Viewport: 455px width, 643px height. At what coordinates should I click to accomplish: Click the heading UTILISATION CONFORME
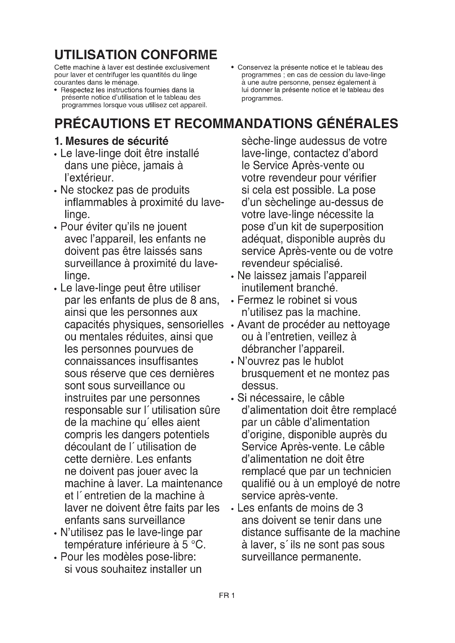pyautogui.click(x=136, y=55)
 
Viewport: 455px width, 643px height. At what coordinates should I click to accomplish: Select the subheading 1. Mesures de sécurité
pyautogui.click(x=111, y=141)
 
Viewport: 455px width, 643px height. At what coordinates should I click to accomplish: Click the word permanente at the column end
pyautogui.click(x=331, y=557)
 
